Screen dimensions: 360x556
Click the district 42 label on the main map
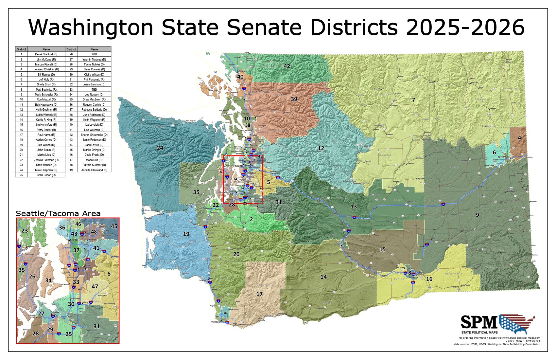(x=287, y=66)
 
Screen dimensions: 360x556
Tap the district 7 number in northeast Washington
(x=413, y=100)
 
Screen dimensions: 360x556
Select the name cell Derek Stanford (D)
(x=46, y=54)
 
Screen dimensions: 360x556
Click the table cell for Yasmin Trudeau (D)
(x=94, y=60)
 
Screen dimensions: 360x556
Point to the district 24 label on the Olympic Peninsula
(x=160, y=148)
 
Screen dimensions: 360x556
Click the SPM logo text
(x=479, y=322)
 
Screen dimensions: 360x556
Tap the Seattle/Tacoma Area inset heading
(x=58, y=214)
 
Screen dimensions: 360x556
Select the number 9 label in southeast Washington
(x=477, y=215)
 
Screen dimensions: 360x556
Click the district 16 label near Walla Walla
(x=429, y=279)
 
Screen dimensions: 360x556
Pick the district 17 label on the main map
(x=259, y=294)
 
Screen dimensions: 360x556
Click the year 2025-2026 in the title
(x=465, y=27)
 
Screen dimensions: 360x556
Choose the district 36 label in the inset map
(x=62, y=227)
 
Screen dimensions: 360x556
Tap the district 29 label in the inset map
(x=50, y=329)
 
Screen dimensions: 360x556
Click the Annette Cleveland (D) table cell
(x=94, y=170)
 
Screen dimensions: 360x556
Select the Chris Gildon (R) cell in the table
(x=46, y=175)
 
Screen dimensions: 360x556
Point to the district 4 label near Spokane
(x=519, y=138)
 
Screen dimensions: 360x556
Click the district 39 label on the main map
(x=294, y=99)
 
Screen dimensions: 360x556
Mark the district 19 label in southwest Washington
(x=186, y=234)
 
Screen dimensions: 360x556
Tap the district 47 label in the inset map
(x=95, y=287)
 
